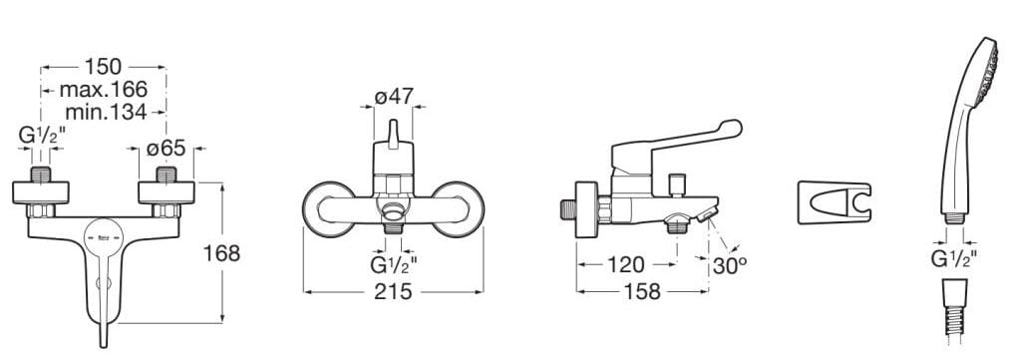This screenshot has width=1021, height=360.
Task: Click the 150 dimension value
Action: coord(103,67)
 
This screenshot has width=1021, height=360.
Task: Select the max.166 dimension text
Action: coord(104,89)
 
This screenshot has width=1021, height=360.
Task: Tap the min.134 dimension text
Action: coord(106,112)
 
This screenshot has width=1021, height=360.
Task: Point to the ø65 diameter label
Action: coord(167,149)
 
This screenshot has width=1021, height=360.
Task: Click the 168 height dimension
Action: coord(222,253)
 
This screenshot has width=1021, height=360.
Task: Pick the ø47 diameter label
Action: coord(394,97)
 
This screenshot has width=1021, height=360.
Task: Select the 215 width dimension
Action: coord(393,291)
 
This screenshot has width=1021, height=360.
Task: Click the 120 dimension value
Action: coord(625,264)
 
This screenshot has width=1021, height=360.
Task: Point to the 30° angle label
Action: coord(729,265)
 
